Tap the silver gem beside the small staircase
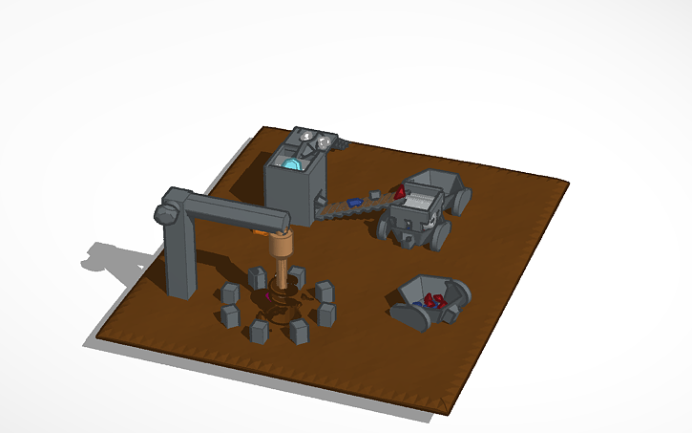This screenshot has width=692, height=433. click(x=325, y=142)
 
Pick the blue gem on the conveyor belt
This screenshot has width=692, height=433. click(x=354, y=203)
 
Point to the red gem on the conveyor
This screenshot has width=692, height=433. click(x=398, y=193)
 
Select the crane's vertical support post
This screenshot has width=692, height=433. click(x=179, y=258)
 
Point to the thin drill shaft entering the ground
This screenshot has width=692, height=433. click(x=281, y=283)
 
